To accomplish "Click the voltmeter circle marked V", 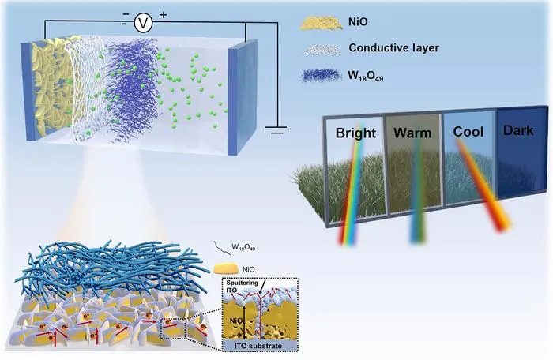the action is point(143,23).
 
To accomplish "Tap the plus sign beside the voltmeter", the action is point(164,15).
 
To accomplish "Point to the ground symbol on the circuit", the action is point(276,129).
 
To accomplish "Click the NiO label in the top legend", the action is point(358,22).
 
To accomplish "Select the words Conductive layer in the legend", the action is point(393,47).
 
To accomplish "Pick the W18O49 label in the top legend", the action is point(365,76).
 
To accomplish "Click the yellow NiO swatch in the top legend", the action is point(322,23).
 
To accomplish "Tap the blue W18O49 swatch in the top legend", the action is point(322,76).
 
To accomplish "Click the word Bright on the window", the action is point(355,133).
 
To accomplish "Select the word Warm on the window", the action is point(412,133).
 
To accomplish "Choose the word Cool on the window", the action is point(468,132).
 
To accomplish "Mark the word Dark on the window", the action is point(518,130).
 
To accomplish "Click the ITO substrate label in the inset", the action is point(258,346).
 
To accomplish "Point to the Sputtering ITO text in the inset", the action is point(242,287).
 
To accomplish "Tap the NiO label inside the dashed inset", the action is point(235,321).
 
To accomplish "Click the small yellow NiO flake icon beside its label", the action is point(225,268).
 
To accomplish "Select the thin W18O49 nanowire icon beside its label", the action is point(221,248).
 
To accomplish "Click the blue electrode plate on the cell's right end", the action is point(242,98).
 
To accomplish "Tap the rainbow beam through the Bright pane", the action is point(352,183).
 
